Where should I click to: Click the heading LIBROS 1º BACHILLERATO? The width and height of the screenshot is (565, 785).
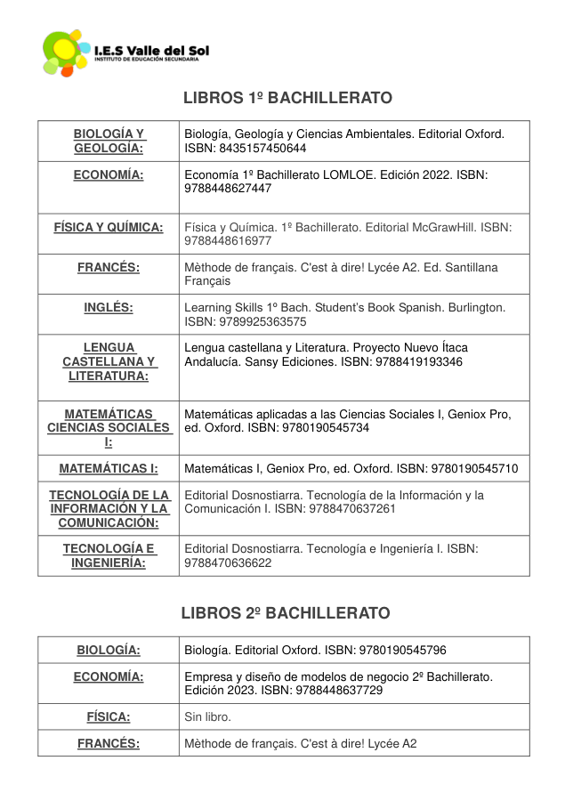tap(287, 97)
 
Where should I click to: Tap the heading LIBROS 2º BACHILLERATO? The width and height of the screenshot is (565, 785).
tap(286, 613)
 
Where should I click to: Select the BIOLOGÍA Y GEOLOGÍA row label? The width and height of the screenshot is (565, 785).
tap(109, 141)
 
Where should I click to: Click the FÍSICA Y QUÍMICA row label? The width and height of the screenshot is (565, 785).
tap(109, 228)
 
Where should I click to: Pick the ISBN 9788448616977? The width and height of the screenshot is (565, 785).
tap(228, 241)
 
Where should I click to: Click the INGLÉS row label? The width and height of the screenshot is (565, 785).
tap(109, 308)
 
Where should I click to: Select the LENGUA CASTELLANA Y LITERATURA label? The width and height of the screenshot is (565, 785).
tap(109, 361)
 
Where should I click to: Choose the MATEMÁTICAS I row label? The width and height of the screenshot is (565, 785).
tap(109, 468)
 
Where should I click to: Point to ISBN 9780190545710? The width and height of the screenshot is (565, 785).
tap(474, 468)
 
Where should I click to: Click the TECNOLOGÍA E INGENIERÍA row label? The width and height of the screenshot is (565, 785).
tap(109, 555)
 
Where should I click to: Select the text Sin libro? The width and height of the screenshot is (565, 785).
tap(207, 716)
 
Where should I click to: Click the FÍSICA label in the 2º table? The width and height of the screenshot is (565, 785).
tap(109, 716)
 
